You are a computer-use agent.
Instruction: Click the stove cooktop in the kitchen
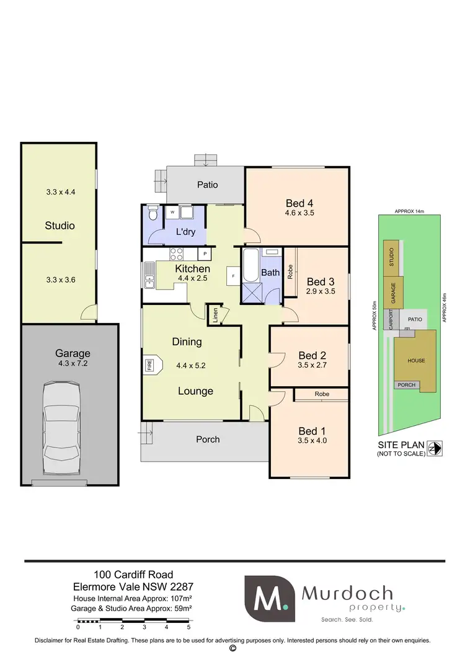point(175,254)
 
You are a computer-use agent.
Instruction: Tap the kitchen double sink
point(149,276)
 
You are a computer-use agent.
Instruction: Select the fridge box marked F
point(232,276)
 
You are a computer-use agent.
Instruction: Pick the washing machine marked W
point(171,213)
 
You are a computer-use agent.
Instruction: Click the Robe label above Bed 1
point(321,394)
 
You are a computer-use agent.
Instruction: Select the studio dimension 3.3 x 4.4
point(60,192)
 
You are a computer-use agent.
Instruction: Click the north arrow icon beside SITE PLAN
point(438,448)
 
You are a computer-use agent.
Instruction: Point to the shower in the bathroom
point(251,292)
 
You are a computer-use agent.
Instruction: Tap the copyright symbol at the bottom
point(232,648)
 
